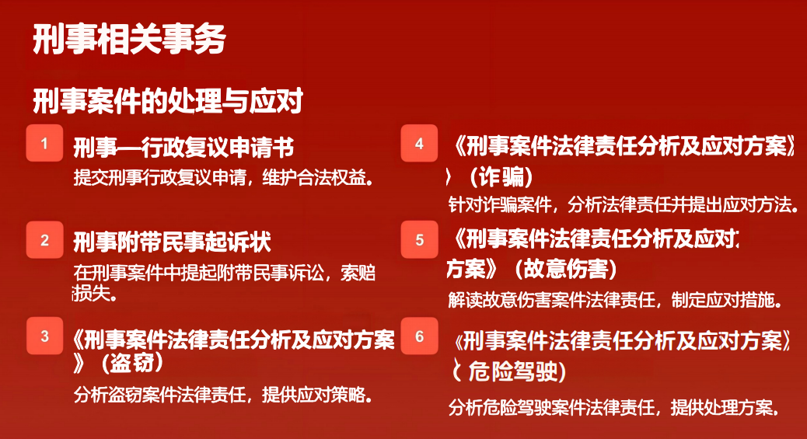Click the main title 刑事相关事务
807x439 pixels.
coord(129,39)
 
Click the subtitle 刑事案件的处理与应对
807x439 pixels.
coord(168,100)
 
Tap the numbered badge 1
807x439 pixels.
coord(45,143)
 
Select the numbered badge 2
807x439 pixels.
coord(45,240)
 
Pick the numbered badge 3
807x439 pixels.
coord(45,336)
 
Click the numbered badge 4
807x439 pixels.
coord(420,143)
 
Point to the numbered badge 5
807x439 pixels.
coord(420,240)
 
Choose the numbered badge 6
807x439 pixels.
coord(420,336)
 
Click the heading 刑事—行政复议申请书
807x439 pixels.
coord(183,148)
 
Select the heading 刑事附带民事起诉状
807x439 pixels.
coord(172,242)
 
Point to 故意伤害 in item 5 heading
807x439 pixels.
coord(566,269)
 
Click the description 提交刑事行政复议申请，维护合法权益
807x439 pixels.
coord(223,178)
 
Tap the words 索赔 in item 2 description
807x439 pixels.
coord(358,273)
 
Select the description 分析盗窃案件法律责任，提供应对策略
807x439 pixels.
coord(223,395)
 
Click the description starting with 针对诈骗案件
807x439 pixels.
coord(624,205)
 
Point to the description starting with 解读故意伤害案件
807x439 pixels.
coord(615,299)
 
